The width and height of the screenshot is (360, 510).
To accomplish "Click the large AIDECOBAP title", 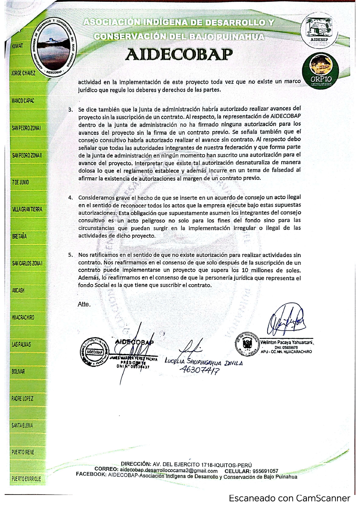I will pyautogui.click(x=179, y=54).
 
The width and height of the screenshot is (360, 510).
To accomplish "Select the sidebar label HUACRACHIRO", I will pyautogui.click(x=23, y=317).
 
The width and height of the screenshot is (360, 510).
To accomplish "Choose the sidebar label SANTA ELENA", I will pyautogui.click(x=22, y=425).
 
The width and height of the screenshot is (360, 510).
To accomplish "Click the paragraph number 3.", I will pyautogui.click(x=71, y=110).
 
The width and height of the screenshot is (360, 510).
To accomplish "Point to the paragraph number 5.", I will pyautogui.click(x=71, y=255).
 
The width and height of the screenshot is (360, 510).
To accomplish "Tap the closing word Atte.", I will pyautogui.click(x=84, y=305).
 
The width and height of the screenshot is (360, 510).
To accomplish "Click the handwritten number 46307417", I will pyautogui.click(x=199, y=370).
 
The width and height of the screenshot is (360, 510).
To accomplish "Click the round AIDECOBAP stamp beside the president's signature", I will pyautogui.click(x=92, y=351).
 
